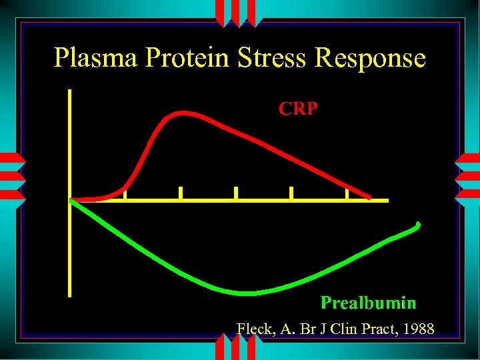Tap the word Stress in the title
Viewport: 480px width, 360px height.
[x=274, y=58]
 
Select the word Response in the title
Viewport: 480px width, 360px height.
[x=370, y=58]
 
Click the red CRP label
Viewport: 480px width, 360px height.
[x=298, y=108]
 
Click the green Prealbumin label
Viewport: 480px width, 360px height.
[x=368, y=303]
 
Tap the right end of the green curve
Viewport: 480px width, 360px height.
[x=418, y=224]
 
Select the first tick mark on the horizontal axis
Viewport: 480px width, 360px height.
[x=125, y=193]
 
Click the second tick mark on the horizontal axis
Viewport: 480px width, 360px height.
[x=181, y=193]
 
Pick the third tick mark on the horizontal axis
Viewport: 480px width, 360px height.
[x=236, y=193]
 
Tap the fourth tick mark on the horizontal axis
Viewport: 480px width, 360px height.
[x=291, y=193]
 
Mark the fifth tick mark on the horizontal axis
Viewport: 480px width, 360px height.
[x=347, y=193]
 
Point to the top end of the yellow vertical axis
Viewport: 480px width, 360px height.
[x=70, y=91]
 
